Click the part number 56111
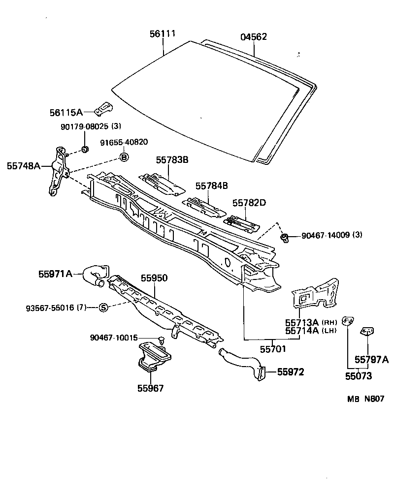point(163,34)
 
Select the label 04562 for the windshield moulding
point(254,37)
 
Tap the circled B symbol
point(124,157)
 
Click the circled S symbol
point(103,308)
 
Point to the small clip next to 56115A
point(104,107)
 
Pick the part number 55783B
point(172,160)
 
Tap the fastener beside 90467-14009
point(284,239)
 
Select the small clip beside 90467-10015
point(161,339)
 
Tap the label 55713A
point(301,322)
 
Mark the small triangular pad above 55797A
point(367,332)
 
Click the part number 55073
point(358,376)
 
